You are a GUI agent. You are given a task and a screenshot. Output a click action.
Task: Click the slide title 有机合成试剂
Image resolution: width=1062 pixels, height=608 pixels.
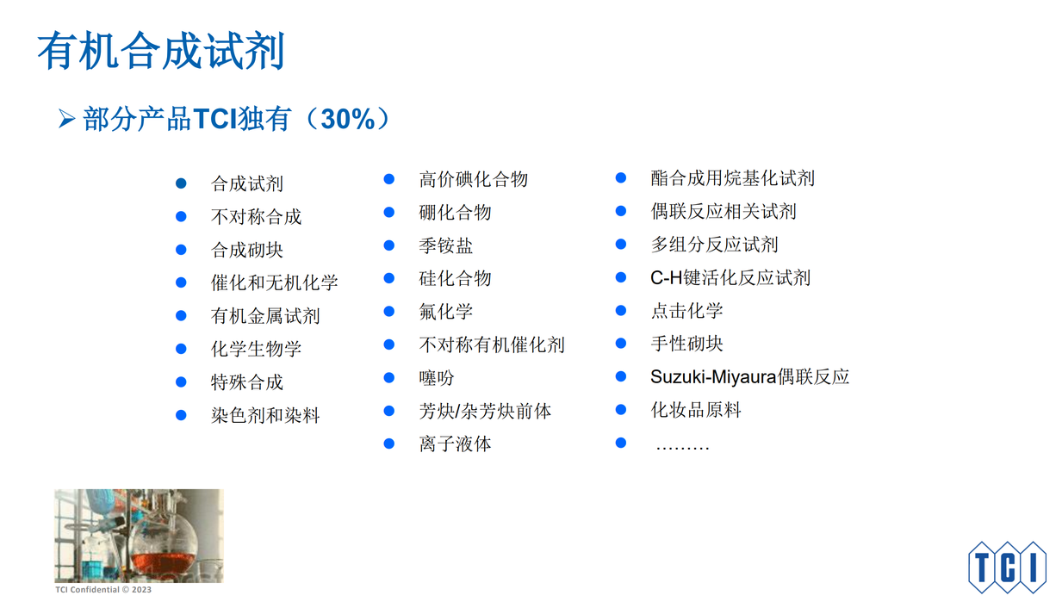[x=161, y=51]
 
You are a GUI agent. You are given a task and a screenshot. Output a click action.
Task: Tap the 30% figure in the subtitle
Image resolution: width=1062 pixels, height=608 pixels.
[x=348, y=119]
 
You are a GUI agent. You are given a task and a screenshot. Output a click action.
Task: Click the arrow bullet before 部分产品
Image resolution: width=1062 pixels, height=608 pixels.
[x=66, y=119]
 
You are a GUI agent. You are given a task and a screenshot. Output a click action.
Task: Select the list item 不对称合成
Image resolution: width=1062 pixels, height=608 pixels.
[x=256, y=216]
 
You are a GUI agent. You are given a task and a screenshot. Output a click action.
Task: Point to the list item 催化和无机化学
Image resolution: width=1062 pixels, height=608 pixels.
[x=274, y=283]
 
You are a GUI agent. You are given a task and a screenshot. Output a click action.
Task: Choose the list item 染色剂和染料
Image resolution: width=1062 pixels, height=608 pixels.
[x=265, y=416]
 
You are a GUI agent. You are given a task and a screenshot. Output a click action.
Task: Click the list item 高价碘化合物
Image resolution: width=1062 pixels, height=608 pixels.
[x=473, y=179]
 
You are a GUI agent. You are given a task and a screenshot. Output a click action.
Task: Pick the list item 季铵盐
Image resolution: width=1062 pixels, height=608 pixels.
[x=445, y=245]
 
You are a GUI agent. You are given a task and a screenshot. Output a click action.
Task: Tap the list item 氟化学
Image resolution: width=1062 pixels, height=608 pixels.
[x=445, y=312]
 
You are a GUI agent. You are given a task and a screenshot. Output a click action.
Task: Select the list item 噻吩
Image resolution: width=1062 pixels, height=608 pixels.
[x=437, y=378]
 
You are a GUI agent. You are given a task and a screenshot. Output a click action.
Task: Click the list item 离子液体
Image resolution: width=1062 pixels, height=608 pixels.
[x=455, y=444]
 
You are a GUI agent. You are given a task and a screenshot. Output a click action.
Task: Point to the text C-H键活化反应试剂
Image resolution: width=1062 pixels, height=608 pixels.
[x=730, y=277]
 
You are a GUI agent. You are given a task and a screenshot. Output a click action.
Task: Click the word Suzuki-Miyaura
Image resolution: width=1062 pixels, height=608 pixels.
[x=713, y=377]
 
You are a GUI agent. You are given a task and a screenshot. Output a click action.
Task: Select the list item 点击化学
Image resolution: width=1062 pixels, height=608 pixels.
[x=686, y=311]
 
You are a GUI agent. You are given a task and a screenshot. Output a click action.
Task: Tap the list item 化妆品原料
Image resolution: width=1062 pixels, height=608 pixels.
[x=696, y=410]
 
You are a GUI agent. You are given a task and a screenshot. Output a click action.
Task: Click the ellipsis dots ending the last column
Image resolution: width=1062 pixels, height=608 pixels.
[x=682, y=447]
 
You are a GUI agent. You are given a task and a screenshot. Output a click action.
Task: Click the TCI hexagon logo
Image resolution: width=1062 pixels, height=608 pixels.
[x=1007, y=567]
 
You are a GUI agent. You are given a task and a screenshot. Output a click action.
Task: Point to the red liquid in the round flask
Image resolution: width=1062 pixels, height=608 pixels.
[x=164, y=562]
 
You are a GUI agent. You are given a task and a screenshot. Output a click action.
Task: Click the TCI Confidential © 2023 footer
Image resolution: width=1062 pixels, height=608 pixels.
[x=103, y=590]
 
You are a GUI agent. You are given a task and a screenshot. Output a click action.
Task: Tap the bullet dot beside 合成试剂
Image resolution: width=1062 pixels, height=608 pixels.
[x=181, y=183]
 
